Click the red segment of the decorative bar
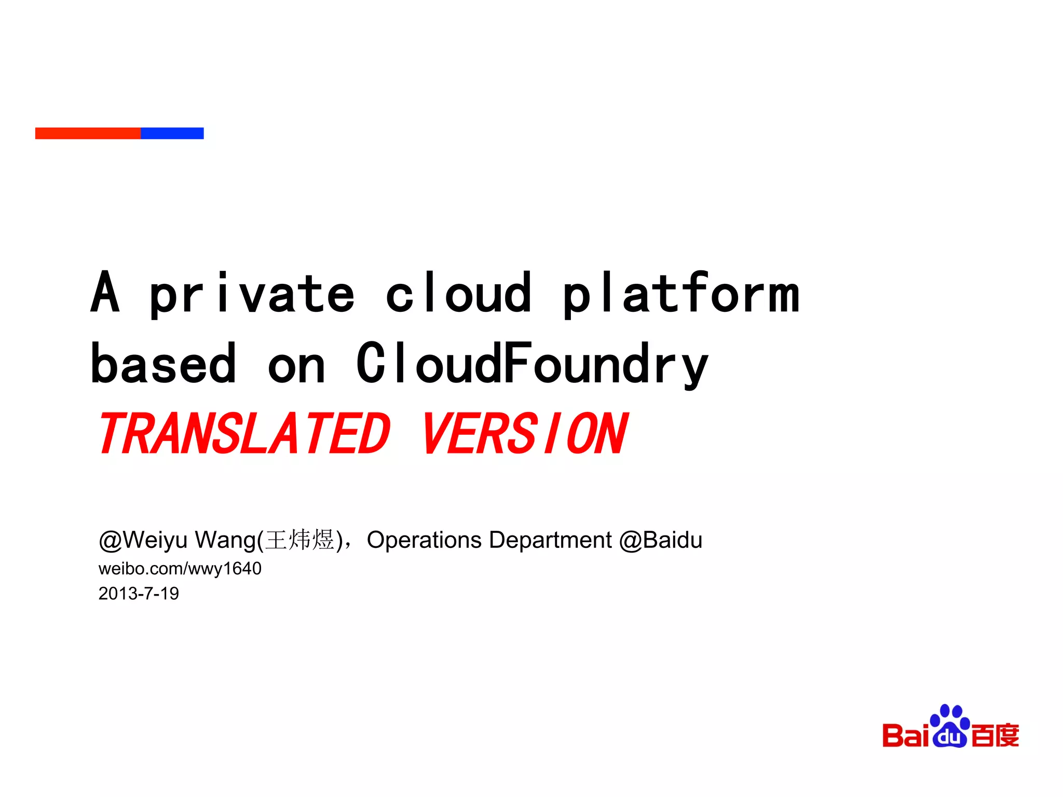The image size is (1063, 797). click(x=88, y=133)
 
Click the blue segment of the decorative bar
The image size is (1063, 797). click(x=172, y=133)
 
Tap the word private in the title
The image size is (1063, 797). click(x=252, y=295)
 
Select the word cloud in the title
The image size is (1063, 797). click(x=459, y=294)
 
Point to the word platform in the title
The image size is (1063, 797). click(x=681, y=295)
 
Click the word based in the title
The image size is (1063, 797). click(x=163, y=365)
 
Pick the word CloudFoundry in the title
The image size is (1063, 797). click(x=532, y=365)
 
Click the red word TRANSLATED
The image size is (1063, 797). click(x=244, y=434)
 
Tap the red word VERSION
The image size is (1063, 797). click(x=524, y=434)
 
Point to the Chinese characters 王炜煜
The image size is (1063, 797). click(x=299, y=540)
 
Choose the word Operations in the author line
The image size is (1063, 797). click(x=424, y=540)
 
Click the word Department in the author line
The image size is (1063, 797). click(x=550, y=540)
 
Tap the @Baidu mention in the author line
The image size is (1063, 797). click(x=660, y=540)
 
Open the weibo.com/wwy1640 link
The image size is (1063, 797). click(x=180, y=569)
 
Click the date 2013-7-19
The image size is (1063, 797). click(x=139, y=594)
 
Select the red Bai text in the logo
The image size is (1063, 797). click(x=906, y=736)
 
